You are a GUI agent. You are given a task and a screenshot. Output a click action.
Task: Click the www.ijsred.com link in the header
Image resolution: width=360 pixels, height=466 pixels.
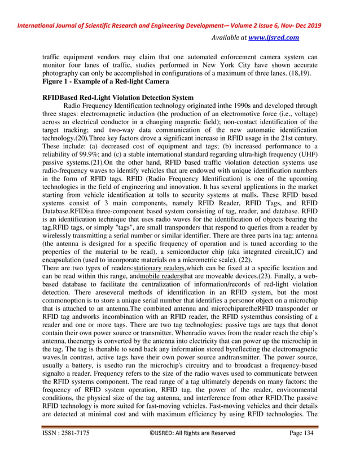pos(276,37)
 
